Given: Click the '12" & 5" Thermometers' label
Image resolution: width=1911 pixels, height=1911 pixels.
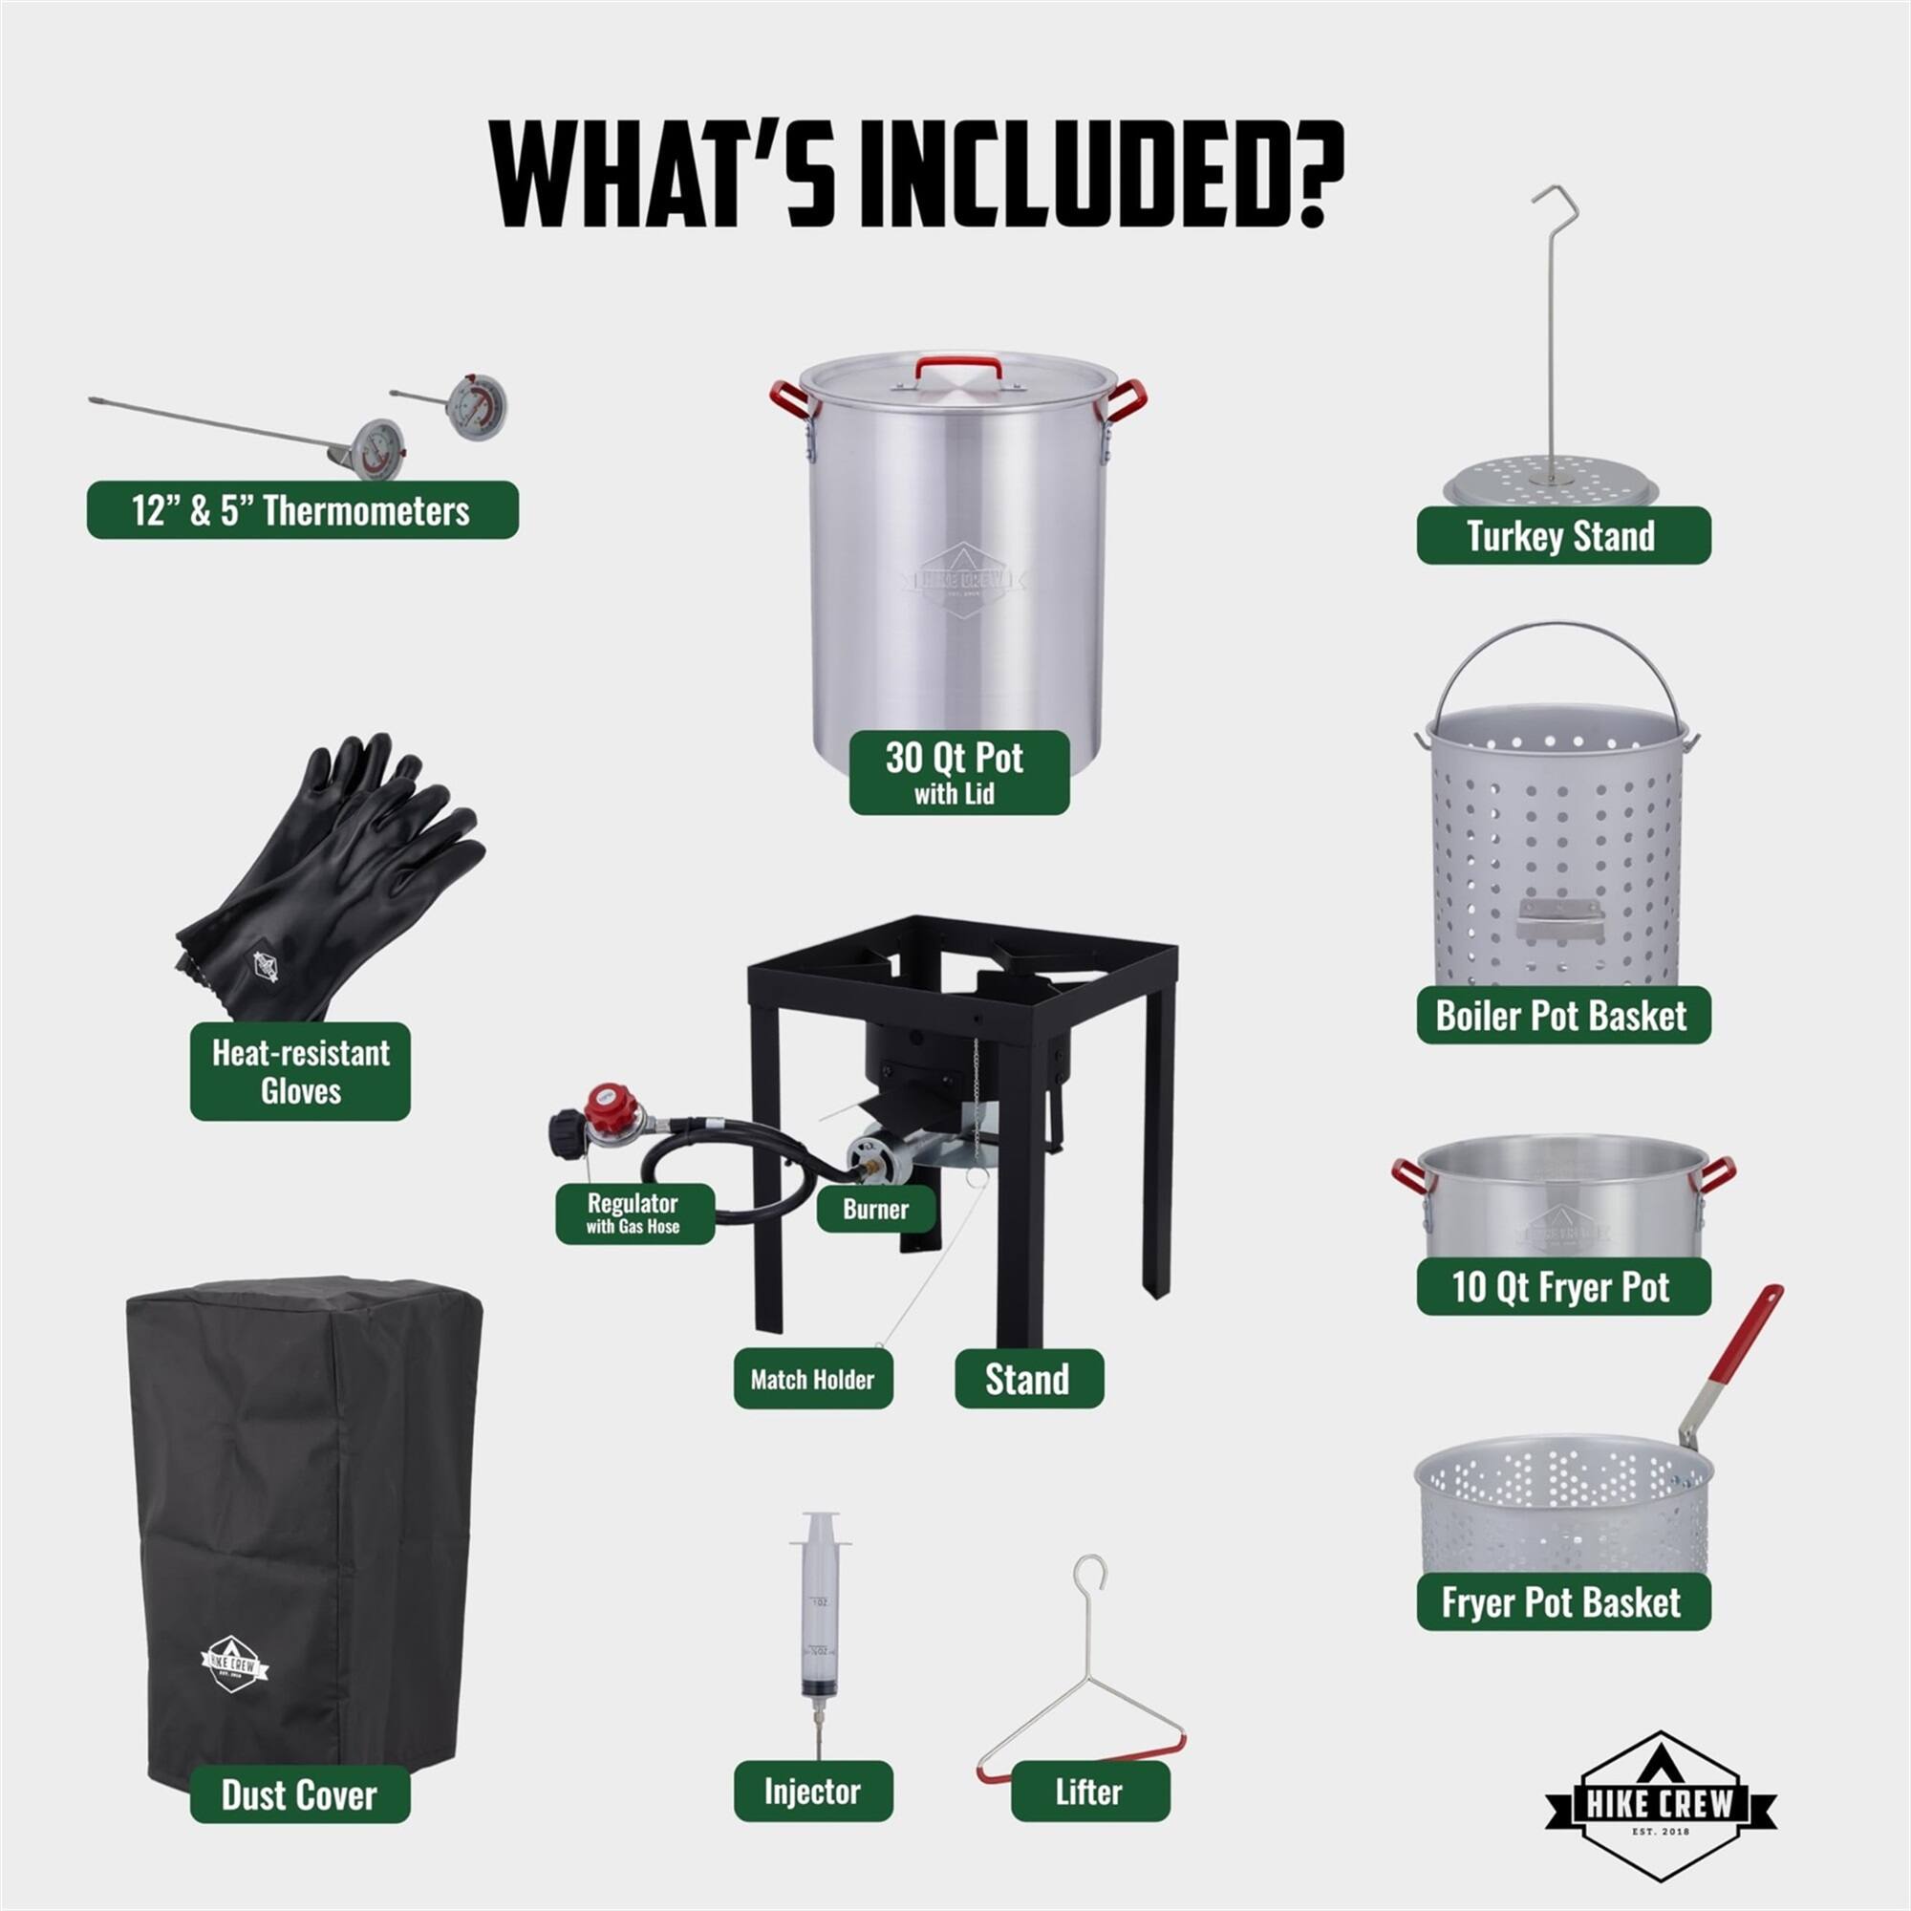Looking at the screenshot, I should (x=302, y=510).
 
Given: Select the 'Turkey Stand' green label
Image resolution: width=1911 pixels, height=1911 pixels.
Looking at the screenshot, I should (x=1563, y=536).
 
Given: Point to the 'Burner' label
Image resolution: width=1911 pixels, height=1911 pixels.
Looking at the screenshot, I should (x=875, y=1209).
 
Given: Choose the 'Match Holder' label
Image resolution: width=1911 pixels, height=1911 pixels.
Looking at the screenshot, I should (x=812, y=1380).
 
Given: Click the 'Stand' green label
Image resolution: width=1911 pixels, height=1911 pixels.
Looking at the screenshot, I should (x=1028, y=1379).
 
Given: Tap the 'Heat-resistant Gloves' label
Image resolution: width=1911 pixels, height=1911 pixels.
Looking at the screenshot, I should (x=300, y=1071).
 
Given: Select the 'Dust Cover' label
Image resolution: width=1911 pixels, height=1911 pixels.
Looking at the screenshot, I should (x=299, y=1795).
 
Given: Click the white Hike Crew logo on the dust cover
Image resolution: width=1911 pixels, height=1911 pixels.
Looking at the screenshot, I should (x=233, y=1664).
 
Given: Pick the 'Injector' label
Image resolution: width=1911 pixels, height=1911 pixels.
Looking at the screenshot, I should (x=812, y=1792).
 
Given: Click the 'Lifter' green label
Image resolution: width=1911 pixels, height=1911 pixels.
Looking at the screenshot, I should (x=1089, y=1792).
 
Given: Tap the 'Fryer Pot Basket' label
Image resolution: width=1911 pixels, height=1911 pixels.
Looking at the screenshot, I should (x=1563, y=1602).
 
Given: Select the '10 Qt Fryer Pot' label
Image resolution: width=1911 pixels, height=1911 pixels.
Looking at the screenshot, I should (x=1563, y=1287).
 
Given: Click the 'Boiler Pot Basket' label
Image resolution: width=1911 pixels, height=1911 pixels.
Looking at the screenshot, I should (x=1563, y=1016).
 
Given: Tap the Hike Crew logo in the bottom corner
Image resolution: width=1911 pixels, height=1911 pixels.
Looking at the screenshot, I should (x=1661, y=1804).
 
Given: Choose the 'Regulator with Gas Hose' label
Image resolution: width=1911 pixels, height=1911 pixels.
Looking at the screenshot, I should (x=634, y=1213).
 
